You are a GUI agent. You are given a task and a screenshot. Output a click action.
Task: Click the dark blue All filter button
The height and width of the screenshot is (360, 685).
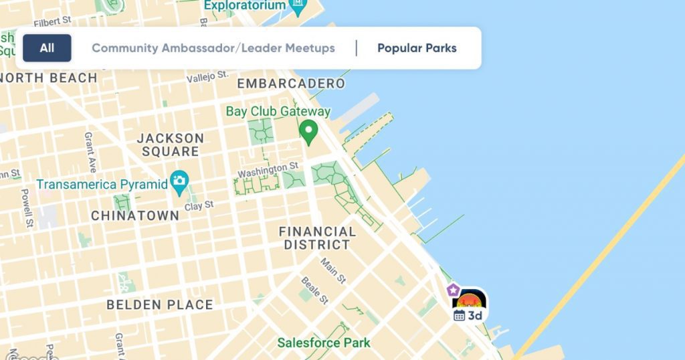point(47,48)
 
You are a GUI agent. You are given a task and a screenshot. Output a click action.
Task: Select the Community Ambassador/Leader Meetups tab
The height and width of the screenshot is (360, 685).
point(213,48)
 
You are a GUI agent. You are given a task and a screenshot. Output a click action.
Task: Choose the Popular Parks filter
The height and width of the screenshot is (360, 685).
point(417,48)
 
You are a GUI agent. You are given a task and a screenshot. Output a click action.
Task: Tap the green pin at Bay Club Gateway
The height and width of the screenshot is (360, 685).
point(308,132)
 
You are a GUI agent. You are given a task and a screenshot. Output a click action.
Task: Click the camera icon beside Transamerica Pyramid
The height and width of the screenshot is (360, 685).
point(179,181)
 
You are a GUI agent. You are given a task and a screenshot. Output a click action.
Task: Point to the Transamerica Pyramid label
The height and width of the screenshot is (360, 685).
point(102,184)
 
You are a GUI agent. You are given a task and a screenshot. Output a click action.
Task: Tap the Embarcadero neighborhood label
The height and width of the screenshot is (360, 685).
point(291,84)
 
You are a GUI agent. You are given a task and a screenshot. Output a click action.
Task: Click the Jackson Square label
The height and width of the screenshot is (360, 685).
point(170,145)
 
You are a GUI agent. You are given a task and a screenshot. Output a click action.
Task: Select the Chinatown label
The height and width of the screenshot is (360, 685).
point(135,215)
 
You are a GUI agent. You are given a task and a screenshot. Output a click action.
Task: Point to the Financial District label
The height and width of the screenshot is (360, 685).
point(317,238)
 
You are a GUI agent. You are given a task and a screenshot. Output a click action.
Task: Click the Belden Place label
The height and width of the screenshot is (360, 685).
point(160,305)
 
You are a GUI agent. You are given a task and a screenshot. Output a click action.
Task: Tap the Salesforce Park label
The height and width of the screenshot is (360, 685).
point(324,343)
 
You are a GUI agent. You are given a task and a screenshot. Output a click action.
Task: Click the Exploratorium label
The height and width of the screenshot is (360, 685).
point(246,5)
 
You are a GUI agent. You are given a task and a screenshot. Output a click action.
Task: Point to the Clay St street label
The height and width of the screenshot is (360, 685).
point(199,205)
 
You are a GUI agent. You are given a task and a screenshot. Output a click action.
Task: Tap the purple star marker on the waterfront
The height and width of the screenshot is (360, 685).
point(454,290)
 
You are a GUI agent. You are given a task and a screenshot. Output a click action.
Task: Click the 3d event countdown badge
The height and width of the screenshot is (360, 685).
point(469,314)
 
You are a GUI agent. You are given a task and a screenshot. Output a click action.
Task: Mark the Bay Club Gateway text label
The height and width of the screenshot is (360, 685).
point(278,111)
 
